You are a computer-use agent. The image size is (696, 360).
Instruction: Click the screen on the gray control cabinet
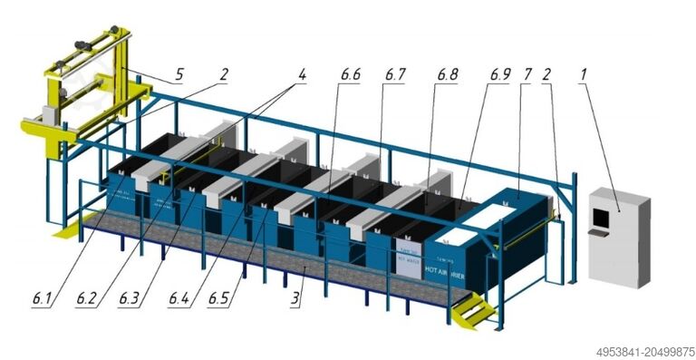click(600, 216)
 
